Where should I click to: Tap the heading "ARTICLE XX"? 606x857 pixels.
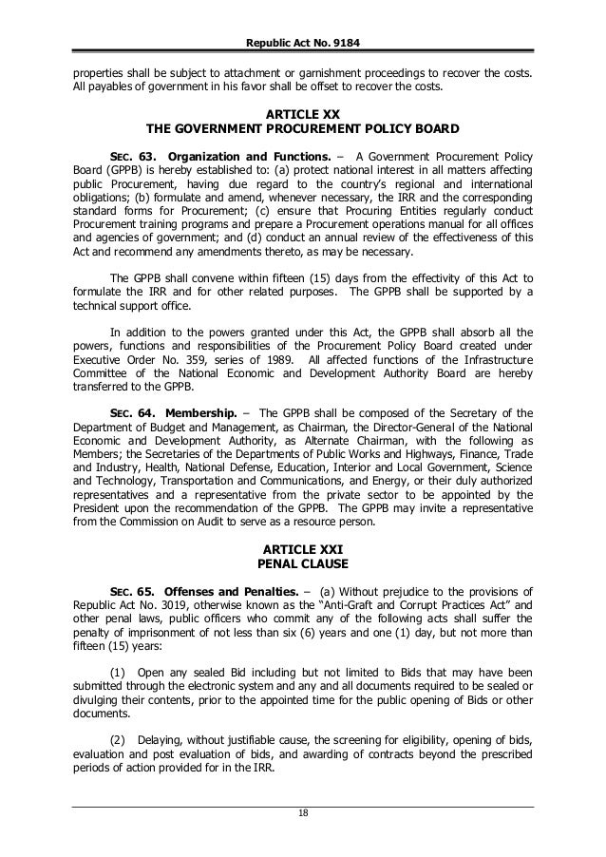coord(304,112)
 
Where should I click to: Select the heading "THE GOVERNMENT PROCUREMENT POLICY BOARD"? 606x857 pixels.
coord(304,127)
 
